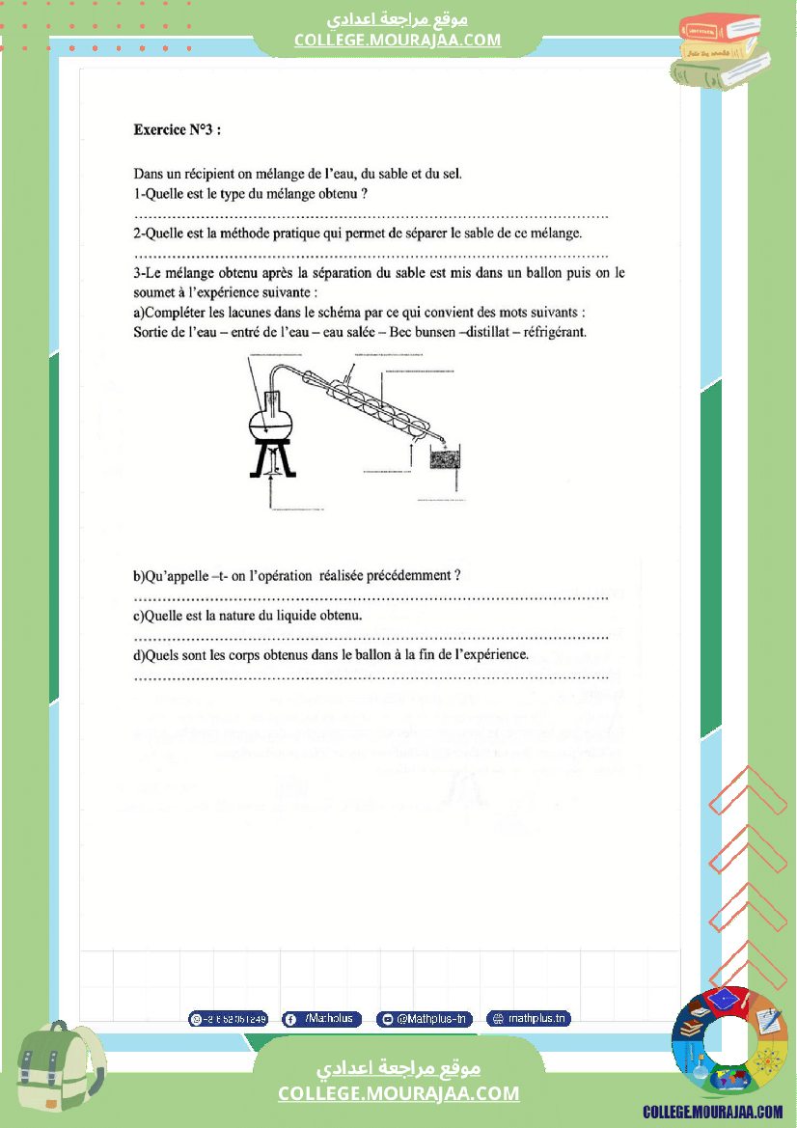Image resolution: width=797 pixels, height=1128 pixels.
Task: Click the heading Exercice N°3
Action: tap(181, 127)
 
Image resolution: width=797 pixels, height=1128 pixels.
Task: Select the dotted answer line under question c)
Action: tap(371, 637)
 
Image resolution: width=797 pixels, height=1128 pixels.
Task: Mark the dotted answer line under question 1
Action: tap(371, 215)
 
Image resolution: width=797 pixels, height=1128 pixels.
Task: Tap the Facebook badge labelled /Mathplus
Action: tap(322, 1019)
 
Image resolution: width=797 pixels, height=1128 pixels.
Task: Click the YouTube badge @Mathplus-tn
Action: tap(424, 1019)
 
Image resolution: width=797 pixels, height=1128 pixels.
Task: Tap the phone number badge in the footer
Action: tap(229, 1019)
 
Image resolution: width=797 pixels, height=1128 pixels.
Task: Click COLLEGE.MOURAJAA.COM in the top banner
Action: tap(398, 41)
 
